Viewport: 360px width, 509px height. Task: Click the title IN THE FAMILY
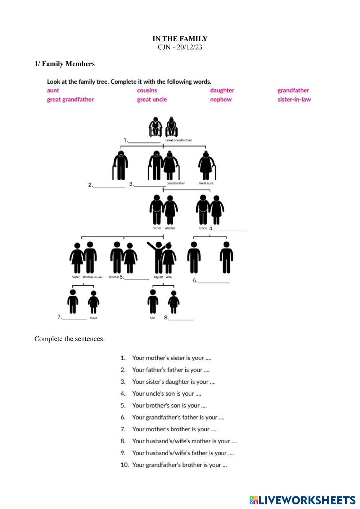click(x=180, y=39)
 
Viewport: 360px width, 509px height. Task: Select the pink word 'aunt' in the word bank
click(x=53, y=90)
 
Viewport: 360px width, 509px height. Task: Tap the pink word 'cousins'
click(x=147, y=90)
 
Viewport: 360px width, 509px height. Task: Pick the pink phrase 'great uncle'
click(x=152, y=99)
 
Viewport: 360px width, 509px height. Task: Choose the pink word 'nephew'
click(x=221, y=99)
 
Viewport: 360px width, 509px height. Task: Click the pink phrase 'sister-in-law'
click(x=294, y=99)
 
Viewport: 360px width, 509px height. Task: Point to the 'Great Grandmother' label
click(x=179, y=140)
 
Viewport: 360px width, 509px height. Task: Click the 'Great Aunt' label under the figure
click(x=206, y=183)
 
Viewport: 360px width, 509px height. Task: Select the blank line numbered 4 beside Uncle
click(x=230, y=230)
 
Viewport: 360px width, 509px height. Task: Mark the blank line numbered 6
click(x=213, y=282)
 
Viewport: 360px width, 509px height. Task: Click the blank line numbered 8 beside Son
click(x=181, y=319)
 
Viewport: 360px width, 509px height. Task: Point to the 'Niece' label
click(x=93, y=318)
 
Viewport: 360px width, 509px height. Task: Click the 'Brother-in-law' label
click(x=93, y=277)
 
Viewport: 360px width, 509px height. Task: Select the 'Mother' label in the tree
click(x=170, y=228)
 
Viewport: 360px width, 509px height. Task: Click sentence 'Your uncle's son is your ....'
click(x=166, y=394)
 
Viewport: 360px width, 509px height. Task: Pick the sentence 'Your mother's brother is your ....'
click(x=174, y=429)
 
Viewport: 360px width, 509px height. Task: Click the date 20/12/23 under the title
click(x=189, y=47)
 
